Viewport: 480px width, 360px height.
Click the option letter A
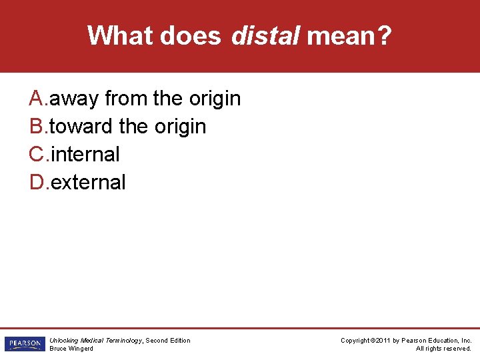[x=37, y=99]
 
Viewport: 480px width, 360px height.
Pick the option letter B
[x=37, y=127]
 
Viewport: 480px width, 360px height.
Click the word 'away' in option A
[x=75, y=99]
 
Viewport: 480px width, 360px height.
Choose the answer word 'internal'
[x=85, y=155]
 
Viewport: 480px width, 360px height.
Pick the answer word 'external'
[x=88, y=182]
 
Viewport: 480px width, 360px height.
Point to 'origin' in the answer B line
[x=179, y=127]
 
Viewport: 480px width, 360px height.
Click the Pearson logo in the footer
[x=23, y=344]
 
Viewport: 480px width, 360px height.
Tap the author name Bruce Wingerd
[x=71, y=349]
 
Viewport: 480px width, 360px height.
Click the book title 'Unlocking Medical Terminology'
[x=95, y=341]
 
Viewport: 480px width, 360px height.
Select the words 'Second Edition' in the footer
[x=168, y=341]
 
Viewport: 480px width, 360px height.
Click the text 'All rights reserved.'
[x=443, y=349]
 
